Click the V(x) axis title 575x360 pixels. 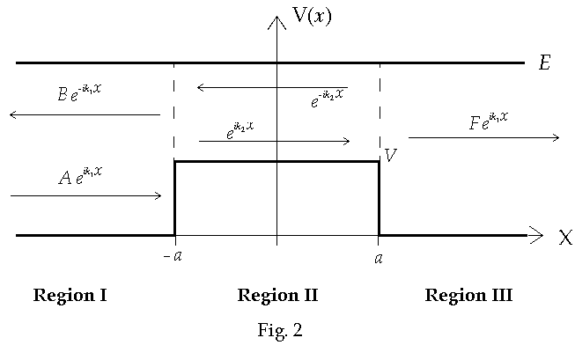(312, 17)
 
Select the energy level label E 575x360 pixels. (544, 63)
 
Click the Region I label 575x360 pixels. (70, 295)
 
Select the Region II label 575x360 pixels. (277, 295)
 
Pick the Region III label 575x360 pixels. (468, 295)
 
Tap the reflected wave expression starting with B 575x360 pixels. (80, 93)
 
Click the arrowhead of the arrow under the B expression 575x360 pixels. (13, 114)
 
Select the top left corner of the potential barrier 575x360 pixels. (174, 161)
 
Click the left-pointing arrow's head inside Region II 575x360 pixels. (201, 87)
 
